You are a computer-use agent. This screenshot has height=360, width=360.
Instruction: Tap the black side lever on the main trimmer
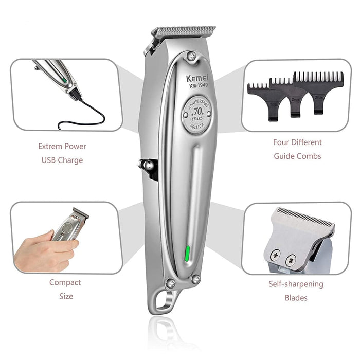point(148,168)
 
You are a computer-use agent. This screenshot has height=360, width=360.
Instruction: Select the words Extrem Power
point(62,146)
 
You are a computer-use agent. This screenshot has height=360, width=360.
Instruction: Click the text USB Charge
point(62,160)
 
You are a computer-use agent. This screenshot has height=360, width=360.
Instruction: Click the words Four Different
point(298,142)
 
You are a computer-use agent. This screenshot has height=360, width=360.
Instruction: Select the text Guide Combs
point(298,156)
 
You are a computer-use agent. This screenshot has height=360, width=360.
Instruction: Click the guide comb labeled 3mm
point(319,90)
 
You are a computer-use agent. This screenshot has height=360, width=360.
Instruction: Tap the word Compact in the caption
point(65,282)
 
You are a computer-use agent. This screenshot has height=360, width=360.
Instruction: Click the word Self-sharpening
point(296,284)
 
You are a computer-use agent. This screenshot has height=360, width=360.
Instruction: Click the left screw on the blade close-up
point(276,254)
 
